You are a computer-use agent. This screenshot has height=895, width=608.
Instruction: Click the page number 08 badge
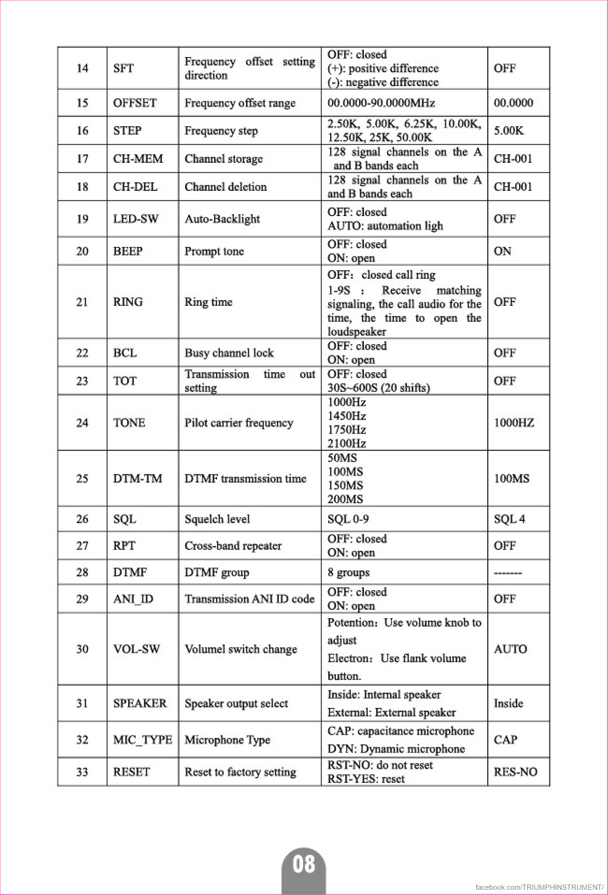click(304, 864)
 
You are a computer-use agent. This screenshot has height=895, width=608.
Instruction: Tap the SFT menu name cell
click(123, 68)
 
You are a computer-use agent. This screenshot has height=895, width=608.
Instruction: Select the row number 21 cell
click(82, 302)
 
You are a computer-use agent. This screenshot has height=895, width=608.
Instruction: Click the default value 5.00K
click(509, 131)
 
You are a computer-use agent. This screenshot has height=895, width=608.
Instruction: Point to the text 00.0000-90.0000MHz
click(381, 103)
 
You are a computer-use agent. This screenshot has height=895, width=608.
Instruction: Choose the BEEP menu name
click(128, 251)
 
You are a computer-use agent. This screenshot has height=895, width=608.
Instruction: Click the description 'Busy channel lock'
click(229, 353)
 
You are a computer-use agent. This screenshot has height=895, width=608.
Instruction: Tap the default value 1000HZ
click(513, 423)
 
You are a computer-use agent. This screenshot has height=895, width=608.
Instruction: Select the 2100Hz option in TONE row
click(347, 443)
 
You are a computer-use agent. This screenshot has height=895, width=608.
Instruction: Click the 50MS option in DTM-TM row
click(342, 458)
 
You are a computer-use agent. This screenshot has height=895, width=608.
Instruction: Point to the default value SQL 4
click(509, 519)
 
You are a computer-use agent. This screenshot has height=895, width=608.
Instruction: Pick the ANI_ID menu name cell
click(133, 599)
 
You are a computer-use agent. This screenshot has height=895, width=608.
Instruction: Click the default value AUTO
click(510, 649)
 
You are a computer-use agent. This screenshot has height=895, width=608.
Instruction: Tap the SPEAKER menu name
click(140, 703)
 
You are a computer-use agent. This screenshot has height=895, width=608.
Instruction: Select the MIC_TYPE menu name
click(142, 740)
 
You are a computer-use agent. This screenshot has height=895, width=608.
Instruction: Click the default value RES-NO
click(515, 772)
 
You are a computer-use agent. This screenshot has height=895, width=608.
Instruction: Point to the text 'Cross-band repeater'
click(233, 546)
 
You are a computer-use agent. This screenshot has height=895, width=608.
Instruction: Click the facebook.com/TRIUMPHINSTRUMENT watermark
click(539, 887)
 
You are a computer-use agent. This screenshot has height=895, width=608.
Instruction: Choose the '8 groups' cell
click(348, 572)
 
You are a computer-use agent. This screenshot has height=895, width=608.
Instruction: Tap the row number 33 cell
click(82, 772)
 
